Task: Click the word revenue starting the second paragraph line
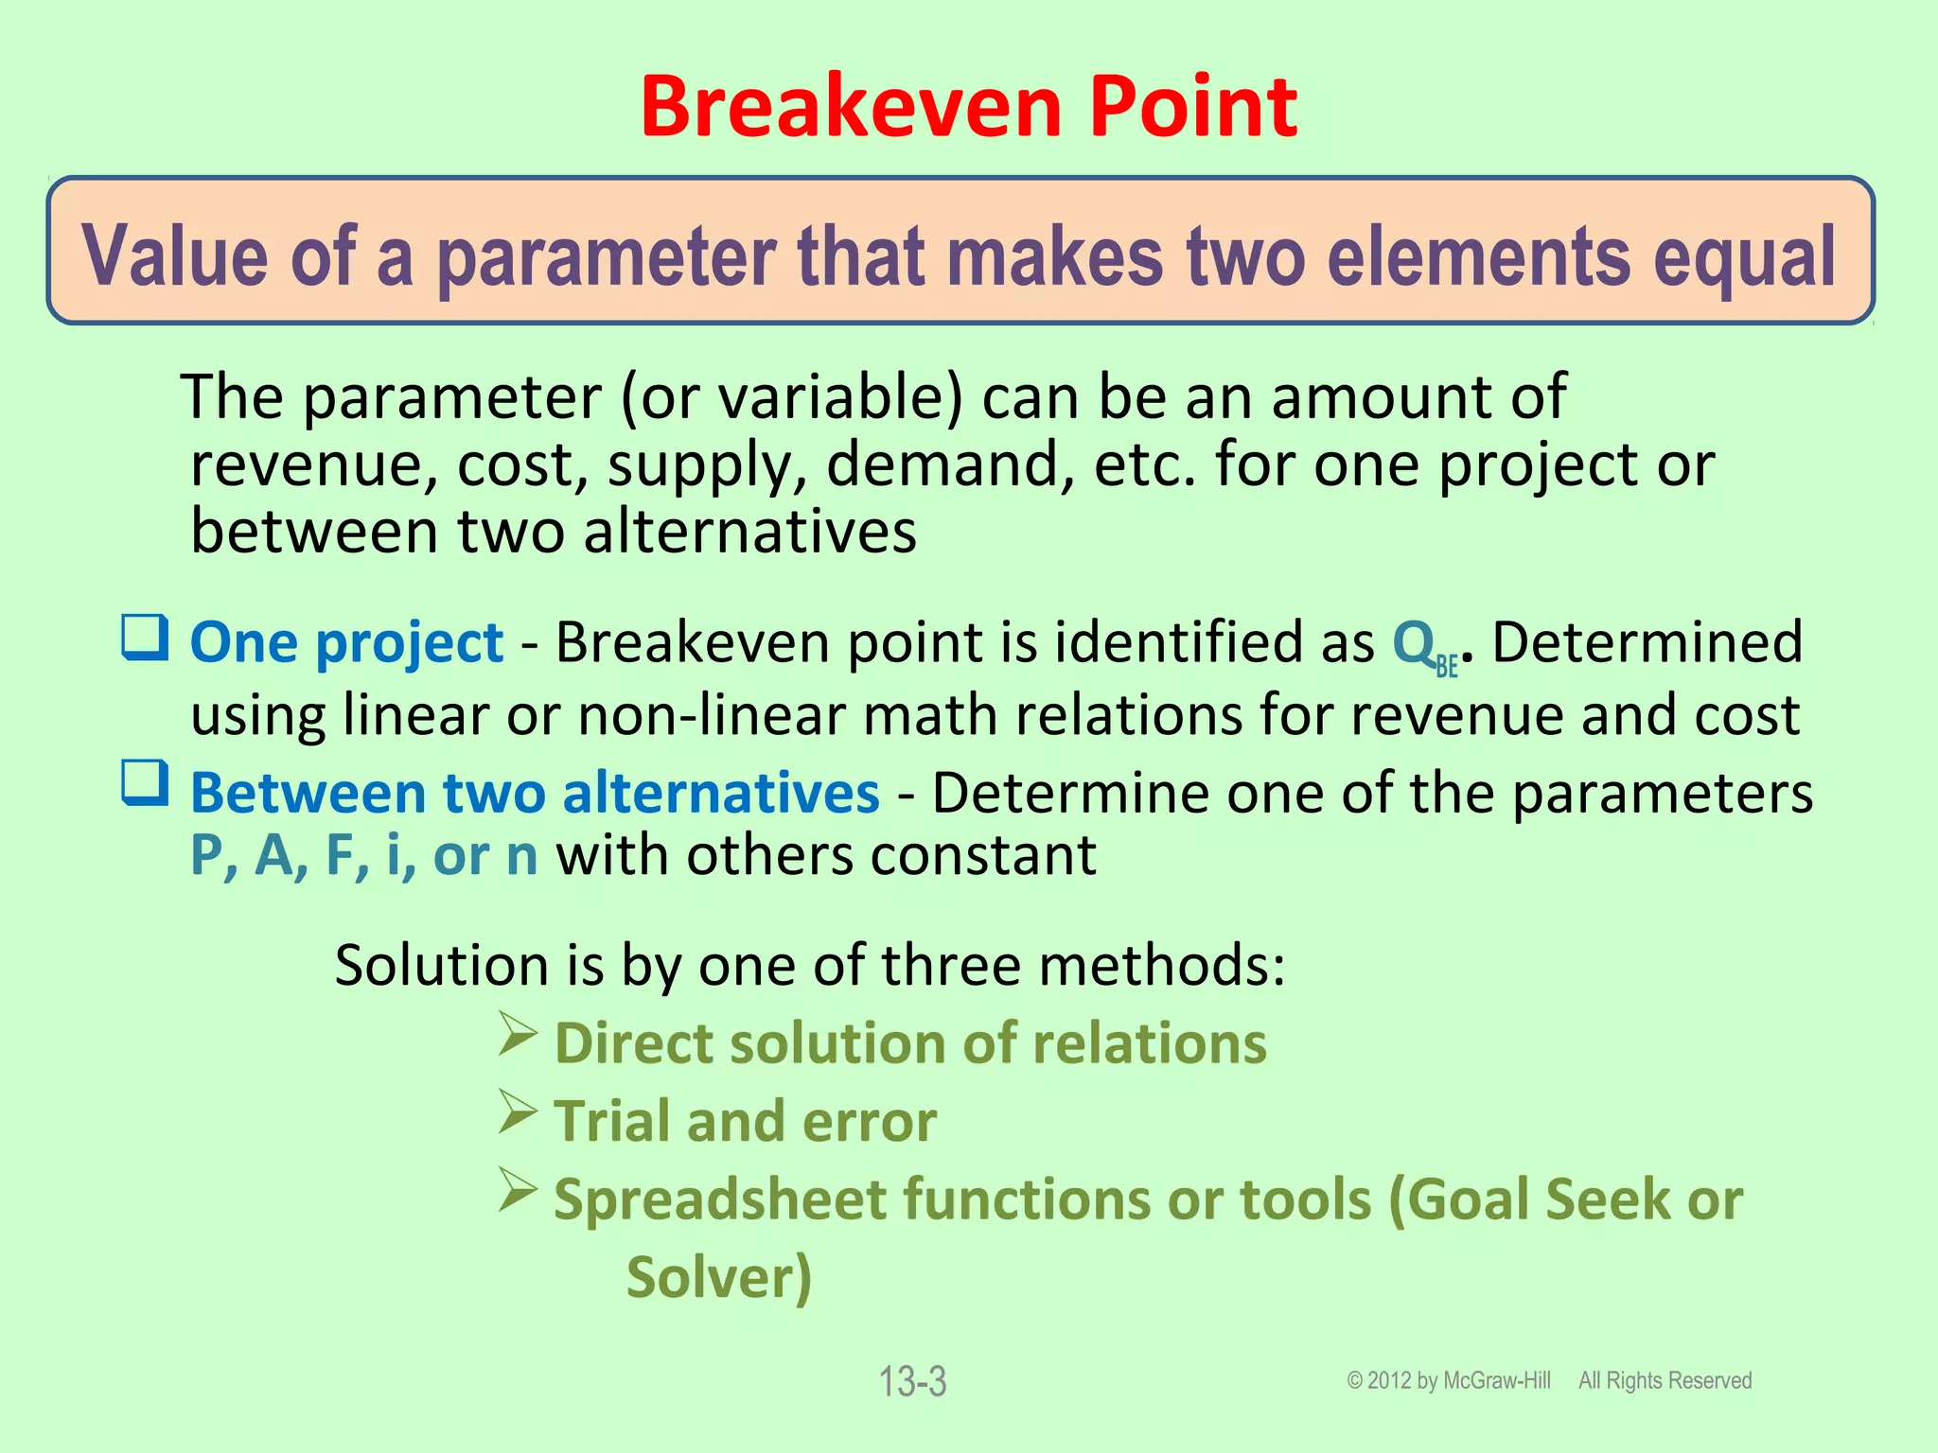[x=313, y=465]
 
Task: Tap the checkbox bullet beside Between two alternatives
[x=145, y=783]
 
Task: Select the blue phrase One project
[x=346, y=643]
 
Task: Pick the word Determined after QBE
[x=1647, y=642]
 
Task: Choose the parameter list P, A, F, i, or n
[x=363, y=856]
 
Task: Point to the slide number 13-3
[x=912, y=1382]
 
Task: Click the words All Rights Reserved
[x=1665, y=1381]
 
